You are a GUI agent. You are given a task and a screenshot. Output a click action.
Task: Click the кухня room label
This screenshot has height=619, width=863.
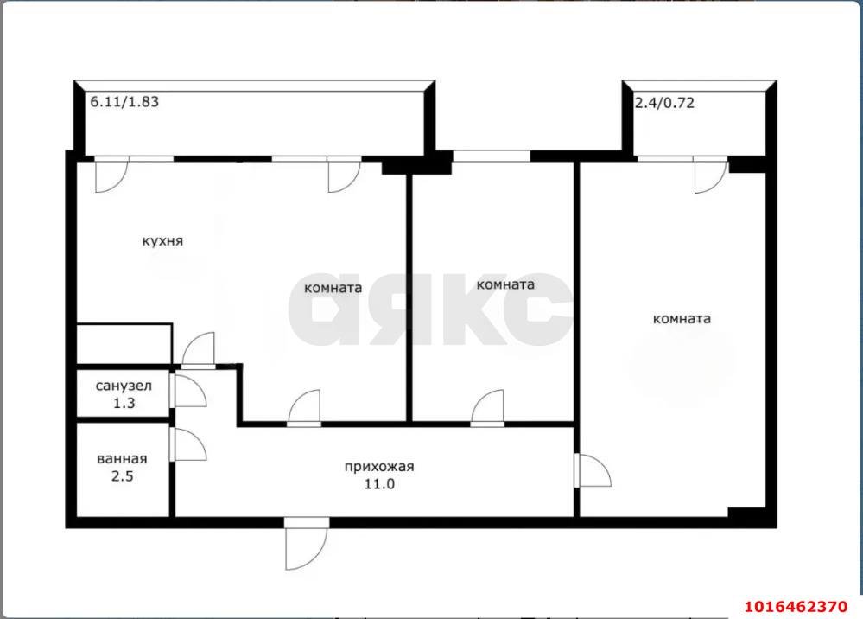tap(162, 241)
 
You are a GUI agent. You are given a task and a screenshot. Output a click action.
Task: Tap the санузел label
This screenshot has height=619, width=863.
tap(124, 386)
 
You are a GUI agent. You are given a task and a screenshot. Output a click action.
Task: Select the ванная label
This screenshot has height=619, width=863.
tap(122, 459)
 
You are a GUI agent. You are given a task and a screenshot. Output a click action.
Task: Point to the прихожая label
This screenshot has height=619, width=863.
tap(379, 467)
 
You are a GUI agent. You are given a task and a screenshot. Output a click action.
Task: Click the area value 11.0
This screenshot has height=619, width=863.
tap(379, 484)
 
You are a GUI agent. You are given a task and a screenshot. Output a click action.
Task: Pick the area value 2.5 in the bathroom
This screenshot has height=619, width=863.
tap(122, 475)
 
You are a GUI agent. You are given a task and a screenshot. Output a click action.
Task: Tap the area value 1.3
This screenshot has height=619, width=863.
tap(124, 403)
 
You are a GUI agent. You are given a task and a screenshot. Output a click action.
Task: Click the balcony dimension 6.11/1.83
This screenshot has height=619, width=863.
tap(124, 102)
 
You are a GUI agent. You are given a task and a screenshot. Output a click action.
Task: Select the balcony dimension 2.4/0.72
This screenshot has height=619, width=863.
tap(665, 103)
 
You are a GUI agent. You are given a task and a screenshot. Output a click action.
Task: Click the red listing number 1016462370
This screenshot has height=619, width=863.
tap(796, 607)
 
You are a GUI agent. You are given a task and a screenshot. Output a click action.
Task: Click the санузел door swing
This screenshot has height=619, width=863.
tap(189, 391)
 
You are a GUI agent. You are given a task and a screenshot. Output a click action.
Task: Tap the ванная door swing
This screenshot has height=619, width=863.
tap(189, 444)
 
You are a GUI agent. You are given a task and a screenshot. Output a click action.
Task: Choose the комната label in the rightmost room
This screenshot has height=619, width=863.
tap(682, 319)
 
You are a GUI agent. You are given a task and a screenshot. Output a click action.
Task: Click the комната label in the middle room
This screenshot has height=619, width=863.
tap(505, 284)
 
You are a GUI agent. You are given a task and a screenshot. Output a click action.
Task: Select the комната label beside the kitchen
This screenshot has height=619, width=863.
tap(333, 288)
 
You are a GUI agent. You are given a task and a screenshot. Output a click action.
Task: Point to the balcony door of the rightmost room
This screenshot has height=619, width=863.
tap(711, 175)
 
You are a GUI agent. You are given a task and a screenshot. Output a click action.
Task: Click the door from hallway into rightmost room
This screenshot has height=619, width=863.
tap(593, 470)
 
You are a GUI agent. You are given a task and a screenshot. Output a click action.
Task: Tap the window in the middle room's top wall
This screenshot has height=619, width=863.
tap(492, 156)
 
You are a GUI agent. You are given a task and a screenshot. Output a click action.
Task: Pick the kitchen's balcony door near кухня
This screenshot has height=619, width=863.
tap(111, 175)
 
